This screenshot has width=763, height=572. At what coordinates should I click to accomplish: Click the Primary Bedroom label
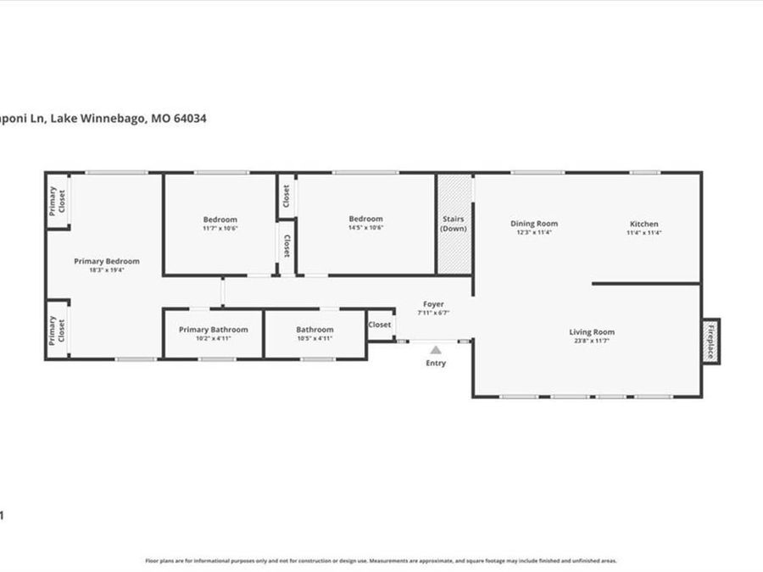coord(106,261)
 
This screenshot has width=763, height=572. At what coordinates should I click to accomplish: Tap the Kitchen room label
coord(643,224)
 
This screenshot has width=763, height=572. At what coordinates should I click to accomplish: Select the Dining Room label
coord(534,224)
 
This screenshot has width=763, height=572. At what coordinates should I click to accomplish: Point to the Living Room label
coord(592,332)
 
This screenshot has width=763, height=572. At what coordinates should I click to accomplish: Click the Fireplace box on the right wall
coord(710,342)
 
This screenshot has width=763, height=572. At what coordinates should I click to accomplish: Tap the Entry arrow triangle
coord(436,348)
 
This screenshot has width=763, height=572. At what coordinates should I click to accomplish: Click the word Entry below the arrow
coord(436,364)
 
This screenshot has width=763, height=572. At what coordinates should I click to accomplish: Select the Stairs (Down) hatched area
coord(454,224)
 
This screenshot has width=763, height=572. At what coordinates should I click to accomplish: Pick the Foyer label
coord(433,303)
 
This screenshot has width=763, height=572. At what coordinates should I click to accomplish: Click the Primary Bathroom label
coord(214,330)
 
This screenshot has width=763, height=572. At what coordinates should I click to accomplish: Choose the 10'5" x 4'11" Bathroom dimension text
coord(315,339)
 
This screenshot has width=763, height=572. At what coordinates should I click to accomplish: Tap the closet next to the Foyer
coord(380,325)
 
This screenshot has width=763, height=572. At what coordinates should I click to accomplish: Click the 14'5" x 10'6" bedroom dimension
coord(365,228)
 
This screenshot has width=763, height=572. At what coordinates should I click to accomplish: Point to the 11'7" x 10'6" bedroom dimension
coord(220,228)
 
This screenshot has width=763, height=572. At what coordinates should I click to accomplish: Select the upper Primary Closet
coord(57,201)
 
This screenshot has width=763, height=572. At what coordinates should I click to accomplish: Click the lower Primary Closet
coord(57,329)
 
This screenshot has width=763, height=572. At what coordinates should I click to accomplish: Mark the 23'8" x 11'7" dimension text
coord(592,341)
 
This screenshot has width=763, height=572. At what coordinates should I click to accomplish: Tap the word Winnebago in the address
coord(113,119)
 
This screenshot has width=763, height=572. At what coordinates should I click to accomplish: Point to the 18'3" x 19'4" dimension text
coord(106,270)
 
